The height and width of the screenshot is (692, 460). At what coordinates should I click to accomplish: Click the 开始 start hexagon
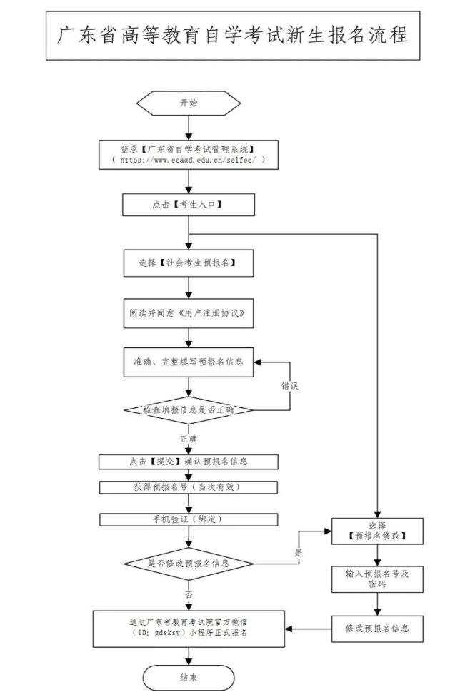point(189,103)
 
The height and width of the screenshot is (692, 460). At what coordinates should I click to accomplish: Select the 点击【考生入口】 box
point(189,205)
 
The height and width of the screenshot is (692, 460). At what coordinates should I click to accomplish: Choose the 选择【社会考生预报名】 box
point(189,263)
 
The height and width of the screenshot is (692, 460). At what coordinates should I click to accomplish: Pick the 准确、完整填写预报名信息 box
point(189,362)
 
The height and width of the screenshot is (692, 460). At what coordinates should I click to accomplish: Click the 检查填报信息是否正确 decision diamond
point(189,410)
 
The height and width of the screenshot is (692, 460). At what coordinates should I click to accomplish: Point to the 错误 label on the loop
point(289,386)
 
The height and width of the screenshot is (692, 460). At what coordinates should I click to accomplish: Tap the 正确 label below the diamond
point(189,438)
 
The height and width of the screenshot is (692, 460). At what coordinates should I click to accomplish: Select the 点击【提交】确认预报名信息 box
point(189,462)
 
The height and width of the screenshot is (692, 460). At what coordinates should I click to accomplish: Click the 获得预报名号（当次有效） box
point(189,487)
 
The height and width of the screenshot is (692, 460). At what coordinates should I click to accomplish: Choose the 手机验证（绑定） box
point(189,519)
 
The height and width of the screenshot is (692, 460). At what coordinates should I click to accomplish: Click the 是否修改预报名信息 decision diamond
point(189,564)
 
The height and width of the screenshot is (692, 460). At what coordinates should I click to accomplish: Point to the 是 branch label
point(299,553)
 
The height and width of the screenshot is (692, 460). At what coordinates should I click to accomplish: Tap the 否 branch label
point(189,594)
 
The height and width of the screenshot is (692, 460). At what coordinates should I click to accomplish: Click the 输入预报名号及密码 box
point(377,579)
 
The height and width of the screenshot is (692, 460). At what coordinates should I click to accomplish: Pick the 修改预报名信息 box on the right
point(377,629)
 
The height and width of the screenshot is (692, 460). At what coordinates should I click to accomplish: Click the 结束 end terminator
point(189,678)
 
